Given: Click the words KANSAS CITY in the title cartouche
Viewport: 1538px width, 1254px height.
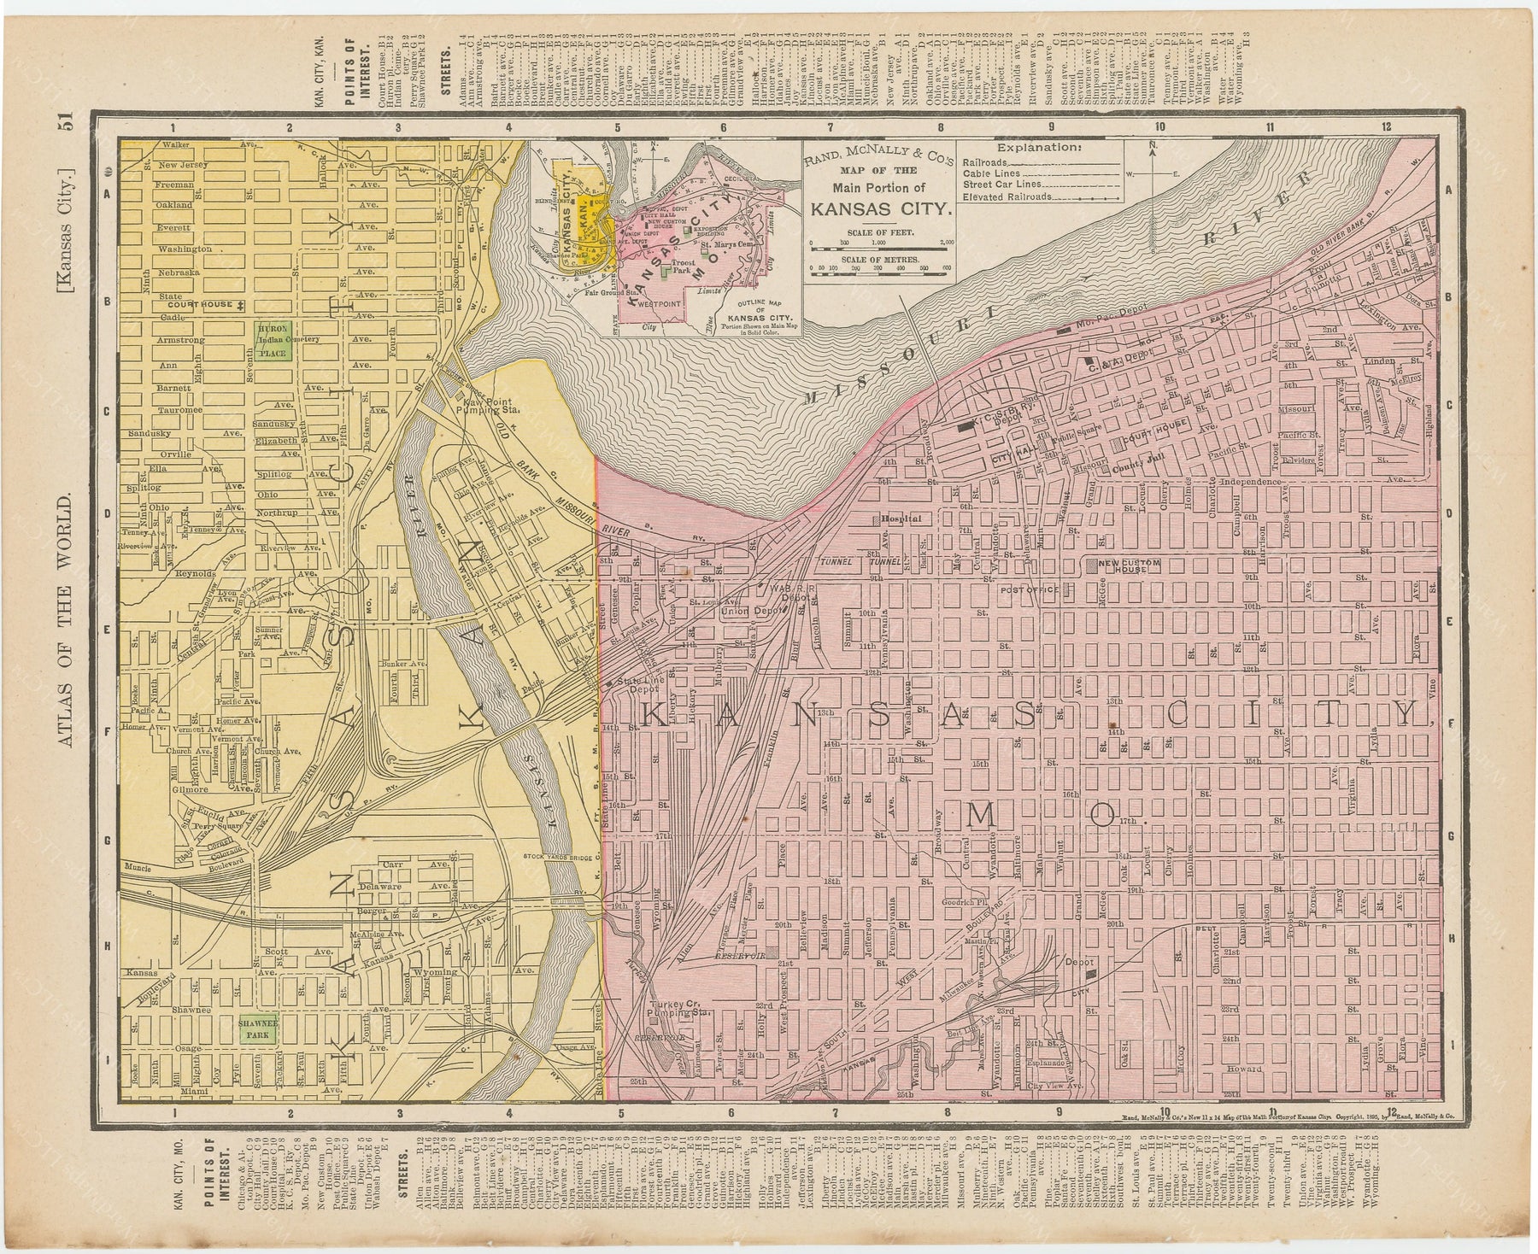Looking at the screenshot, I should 878,206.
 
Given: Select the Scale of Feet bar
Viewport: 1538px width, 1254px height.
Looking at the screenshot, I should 878,247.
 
